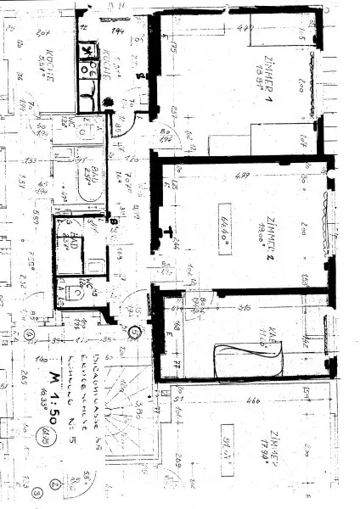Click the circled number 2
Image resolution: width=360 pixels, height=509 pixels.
54,486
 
